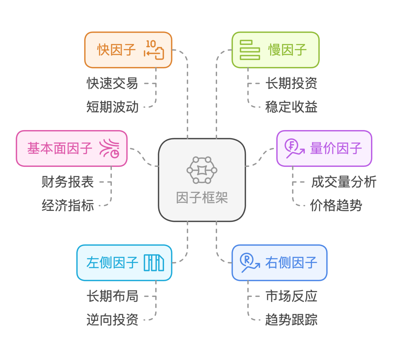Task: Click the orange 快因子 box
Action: [128, 50]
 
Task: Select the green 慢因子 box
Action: [275, 50]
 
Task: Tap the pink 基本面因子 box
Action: [72, 148]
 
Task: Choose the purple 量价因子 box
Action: [324, 148]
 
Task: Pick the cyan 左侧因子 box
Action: [124, 263]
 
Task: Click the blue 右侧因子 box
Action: [279, 263]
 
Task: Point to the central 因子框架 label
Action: [202, 198]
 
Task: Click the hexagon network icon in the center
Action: [202, 170]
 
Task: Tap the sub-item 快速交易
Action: [112, 83]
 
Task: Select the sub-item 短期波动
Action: [112, 107]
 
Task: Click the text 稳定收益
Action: [291, 107]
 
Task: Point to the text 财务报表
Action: [67, 182]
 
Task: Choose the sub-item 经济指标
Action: [67, 206]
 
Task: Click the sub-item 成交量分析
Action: [344, 182]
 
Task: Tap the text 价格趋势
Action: [336, 206]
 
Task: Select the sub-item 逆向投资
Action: [112, 320]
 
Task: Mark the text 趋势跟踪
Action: [291, 320]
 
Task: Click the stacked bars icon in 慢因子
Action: [250, 50]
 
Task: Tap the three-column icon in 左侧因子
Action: [154, 263]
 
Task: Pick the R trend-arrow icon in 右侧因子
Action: [250, 263]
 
